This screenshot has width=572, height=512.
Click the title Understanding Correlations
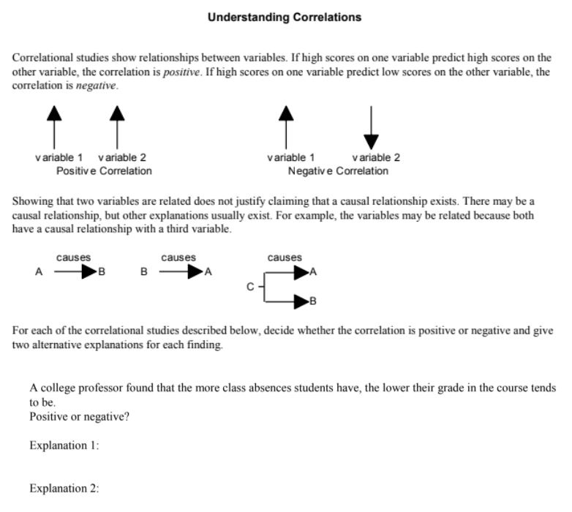[x=284, y=17]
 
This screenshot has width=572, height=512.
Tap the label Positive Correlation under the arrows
[x=104, y=171]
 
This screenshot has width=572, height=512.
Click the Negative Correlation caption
[x=339, y=171]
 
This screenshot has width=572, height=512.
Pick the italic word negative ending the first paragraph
[x=97, y=86]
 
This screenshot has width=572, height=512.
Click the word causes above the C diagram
[x=285, y=257]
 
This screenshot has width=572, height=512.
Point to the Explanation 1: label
[x=64, y=445]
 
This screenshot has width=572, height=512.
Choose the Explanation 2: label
[x=64, y=489]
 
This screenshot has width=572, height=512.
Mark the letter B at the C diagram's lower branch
[x=314, y=301]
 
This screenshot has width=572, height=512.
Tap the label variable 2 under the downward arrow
[x=375, y=158]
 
